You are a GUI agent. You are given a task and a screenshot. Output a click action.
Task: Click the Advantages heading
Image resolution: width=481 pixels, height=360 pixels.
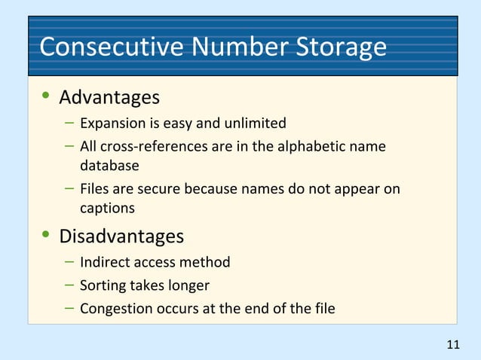109,98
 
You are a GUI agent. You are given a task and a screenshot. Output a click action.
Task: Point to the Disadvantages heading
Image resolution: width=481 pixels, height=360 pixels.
121,236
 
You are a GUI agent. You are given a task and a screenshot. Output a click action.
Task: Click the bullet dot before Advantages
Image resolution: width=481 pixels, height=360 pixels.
46,97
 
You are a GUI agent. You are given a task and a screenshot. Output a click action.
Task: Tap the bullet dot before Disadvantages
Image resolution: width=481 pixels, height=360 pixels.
46,236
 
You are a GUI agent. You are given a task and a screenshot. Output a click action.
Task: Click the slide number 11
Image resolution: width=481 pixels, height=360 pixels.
452,346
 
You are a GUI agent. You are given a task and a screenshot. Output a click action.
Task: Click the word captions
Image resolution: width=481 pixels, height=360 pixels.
108,208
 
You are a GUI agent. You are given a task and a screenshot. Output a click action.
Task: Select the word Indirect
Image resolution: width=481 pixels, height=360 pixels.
105,262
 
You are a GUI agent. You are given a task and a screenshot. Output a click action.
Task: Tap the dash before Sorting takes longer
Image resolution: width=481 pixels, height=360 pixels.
69,285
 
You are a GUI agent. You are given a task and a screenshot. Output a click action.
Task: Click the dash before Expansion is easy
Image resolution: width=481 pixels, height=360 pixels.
69,122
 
